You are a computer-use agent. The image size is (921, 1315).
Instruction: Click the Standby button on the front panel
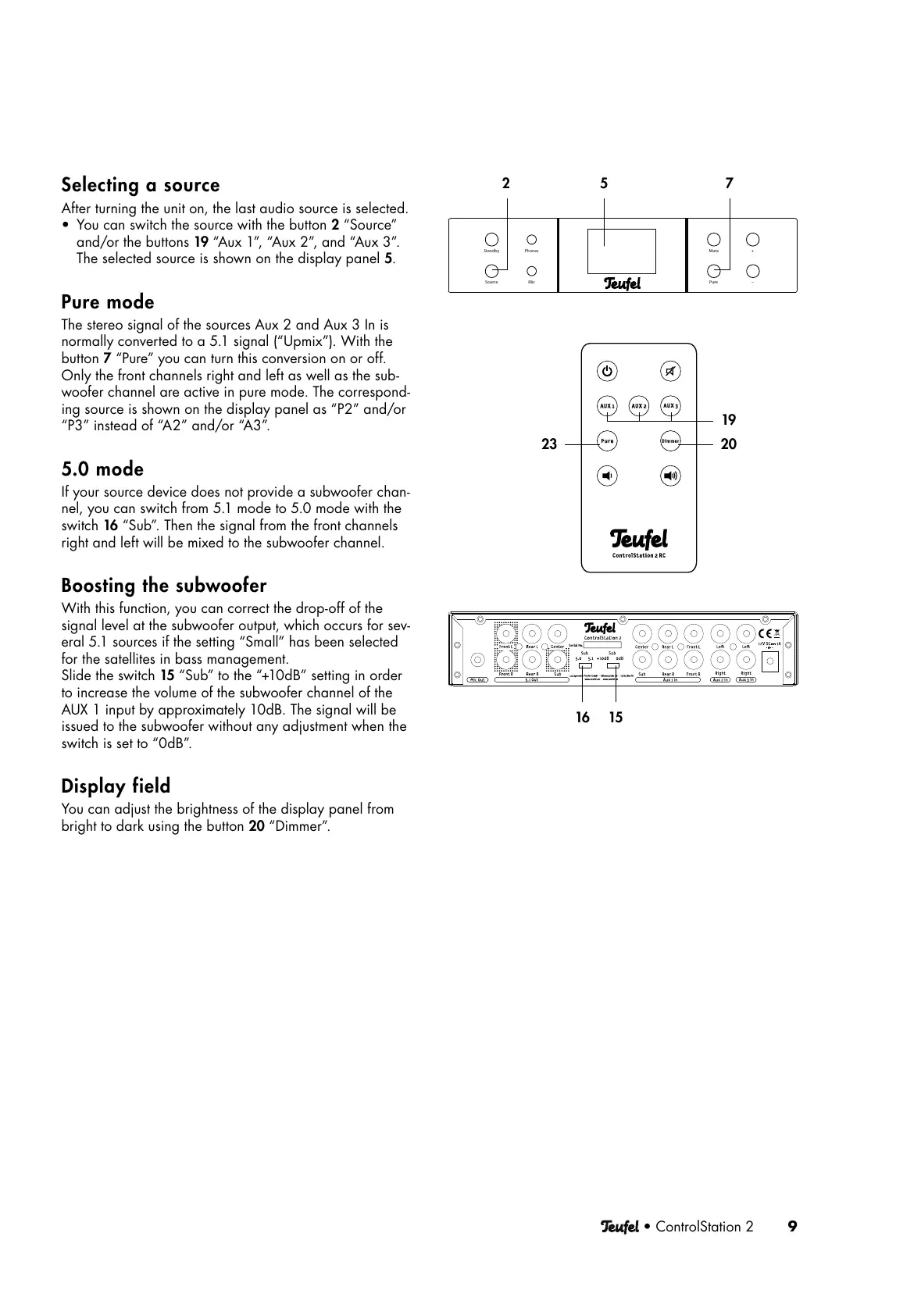point(491,240)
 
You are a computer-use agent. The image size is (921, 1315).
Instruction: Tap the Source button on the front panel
point(491,271)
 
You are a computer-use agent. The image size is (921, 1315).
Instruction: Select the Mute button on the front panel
point(714,240)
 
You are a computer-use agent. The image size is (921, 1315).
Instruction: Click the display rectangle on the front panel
point(622,251)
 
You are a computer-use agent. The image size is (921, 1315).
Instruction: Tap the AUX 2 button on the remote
point(639,406)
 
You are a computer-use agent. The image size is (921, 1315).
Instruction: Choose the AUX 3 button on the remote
point(670,406)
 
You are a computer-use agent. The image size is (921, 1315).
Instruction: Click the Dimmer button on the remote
point(670,440)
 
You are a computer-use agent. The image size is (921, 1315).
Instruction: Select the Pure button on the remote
point(607,440)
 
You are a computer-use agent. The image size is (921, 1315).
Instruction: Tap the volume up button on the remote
point(670,475)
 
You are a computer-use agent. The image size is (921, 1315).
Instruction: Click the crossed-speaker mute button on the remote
point(670,371)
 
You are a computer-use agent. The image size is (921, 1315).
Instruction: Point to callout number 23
point(549,444)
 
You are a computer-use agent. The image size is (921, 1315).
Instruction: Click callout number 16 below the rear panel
point(583,717)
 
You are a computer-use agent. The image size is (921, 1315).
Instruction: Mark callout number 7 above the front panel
point(729,184)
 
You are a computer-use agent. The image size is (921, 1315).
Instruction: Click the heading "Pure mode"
point(108,302)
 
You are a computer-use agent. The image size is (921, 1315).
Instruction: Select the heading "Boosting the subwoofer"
point(164,586)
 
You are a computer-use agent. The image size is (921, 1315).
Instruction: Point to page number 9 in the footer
point(792,1226)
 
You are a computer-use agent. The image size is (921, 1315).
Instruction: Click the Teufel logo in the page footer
point(619,1227)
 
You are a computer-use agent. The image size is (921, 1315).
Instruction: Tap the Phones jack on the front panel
point(531,240)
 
